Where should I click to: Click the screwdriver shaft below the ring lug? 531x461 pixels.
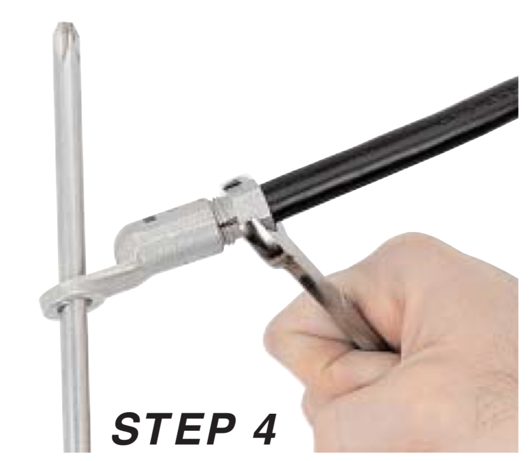tap(74, 382)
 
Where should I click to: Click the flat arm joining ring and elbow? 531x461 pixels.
tap(111, 281)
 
